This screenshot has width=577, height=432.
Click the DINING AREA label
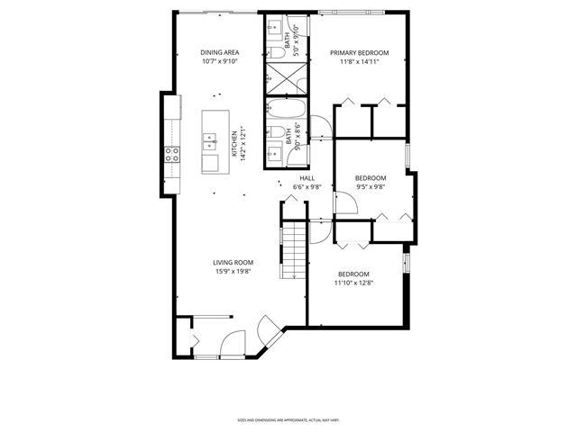219,53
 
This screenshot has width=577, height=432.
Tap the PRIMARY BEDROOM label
358,53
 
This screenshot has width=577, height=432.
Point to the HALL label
307,178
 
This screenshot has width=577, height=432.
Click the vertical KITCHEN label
234,145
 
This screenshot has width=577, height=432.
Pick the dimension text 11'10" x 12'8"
353,283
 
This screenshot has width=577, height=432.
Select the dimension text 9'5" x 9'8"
370,187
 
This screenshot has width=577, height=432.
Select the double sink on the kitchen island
209,143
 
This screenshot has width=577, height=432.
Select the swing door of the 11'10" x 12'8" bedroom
320,232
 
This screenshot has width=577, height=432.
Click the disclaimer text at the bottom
288,419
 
